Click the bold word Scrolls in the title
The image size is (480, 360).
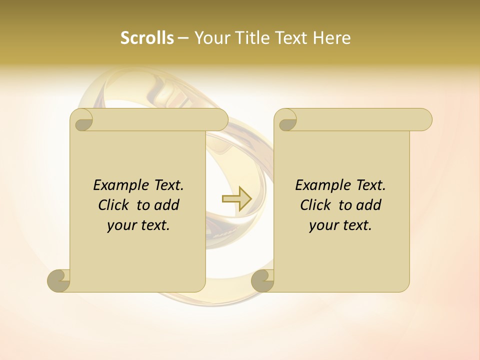pos(147,38)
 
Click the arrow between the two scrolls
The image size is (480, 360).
pos(236,198)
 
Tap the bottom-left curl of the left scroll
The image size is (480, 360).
pos(59,280)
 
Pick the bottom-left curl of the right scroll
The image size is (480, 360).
pos(263,280)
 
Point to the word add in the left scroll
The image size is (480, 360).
pos(166,205)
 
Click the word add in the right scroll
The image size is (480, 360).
pos(368,205)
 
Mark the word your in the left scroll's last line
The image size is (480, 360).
pos(120,225)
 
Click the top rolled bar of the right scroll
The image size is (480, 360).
pos(362,119)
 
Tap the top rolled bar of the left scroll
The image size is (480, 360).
pos(160,119)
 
